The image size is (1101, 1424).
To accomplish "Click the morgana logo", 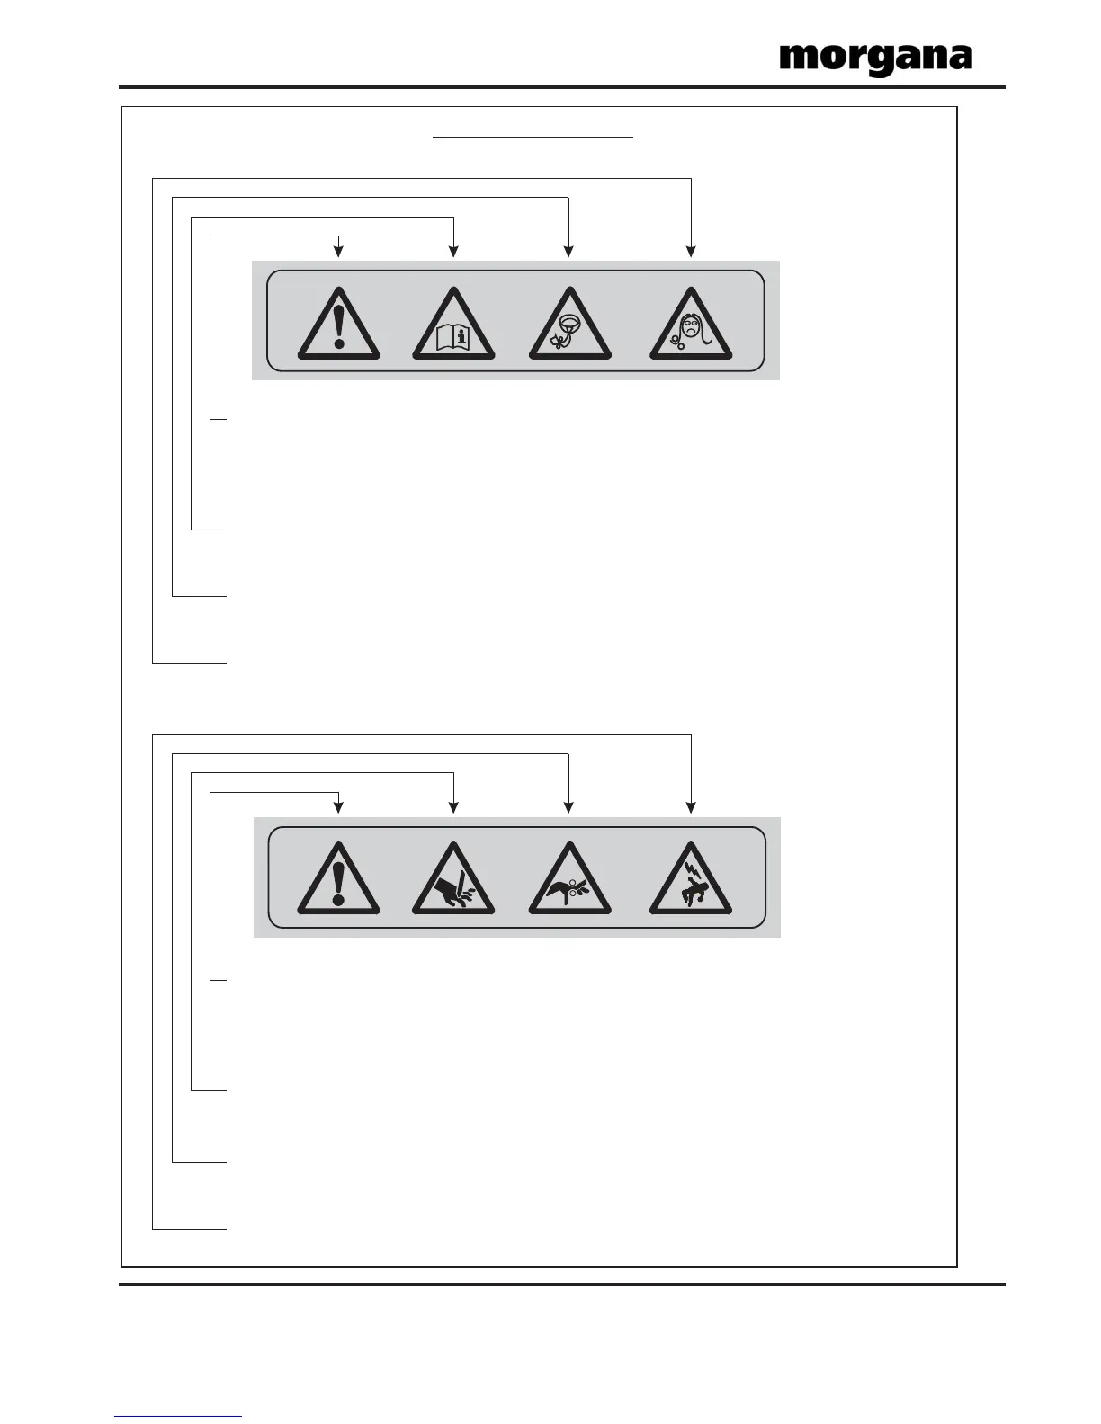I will coord(875,58).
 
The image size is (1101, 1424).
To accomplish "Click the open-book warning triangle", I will coord(453,326).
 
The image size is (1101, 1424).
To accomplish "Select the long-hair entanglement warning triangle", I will coord(691,326).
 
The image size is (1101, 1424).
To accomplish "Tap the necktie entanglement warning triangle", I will coord(570,326).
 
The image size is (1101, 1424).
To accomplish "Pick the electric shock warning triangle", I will coord(691,881).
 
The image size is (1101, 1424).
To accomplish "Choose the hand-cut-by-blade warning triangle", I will coord(453,881).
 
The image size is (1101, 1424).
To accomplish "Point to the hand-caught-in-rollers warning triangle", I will coord(570,881).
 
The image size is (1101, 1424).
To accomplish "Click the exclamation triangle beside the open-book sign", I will coord(338,326).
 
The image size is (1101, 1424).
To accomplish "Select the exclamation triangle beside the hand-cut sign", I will coord(338,881).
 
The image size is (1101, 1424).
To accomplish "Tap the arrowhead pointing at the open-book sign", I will coord(453,252).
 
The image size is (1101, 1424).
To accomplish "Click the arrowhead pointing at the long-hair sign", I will coord(691,252).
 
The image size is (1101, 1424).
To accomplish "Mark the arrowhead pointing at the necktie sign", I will coord(568,252).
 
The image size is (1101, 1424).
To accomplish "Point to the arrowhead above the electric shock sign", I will coord(691,807).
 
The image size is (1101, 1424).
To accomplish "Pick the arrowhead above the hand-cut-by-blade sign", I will coord(453,807).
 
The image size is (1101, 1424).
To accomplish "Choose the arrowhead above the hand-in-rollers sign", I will coord(568,807).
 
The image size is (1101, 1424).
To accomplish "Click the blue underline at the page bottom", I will coord(178,1416).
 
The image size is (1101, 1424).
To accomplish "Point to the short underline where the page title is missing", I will coord(533,138).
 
